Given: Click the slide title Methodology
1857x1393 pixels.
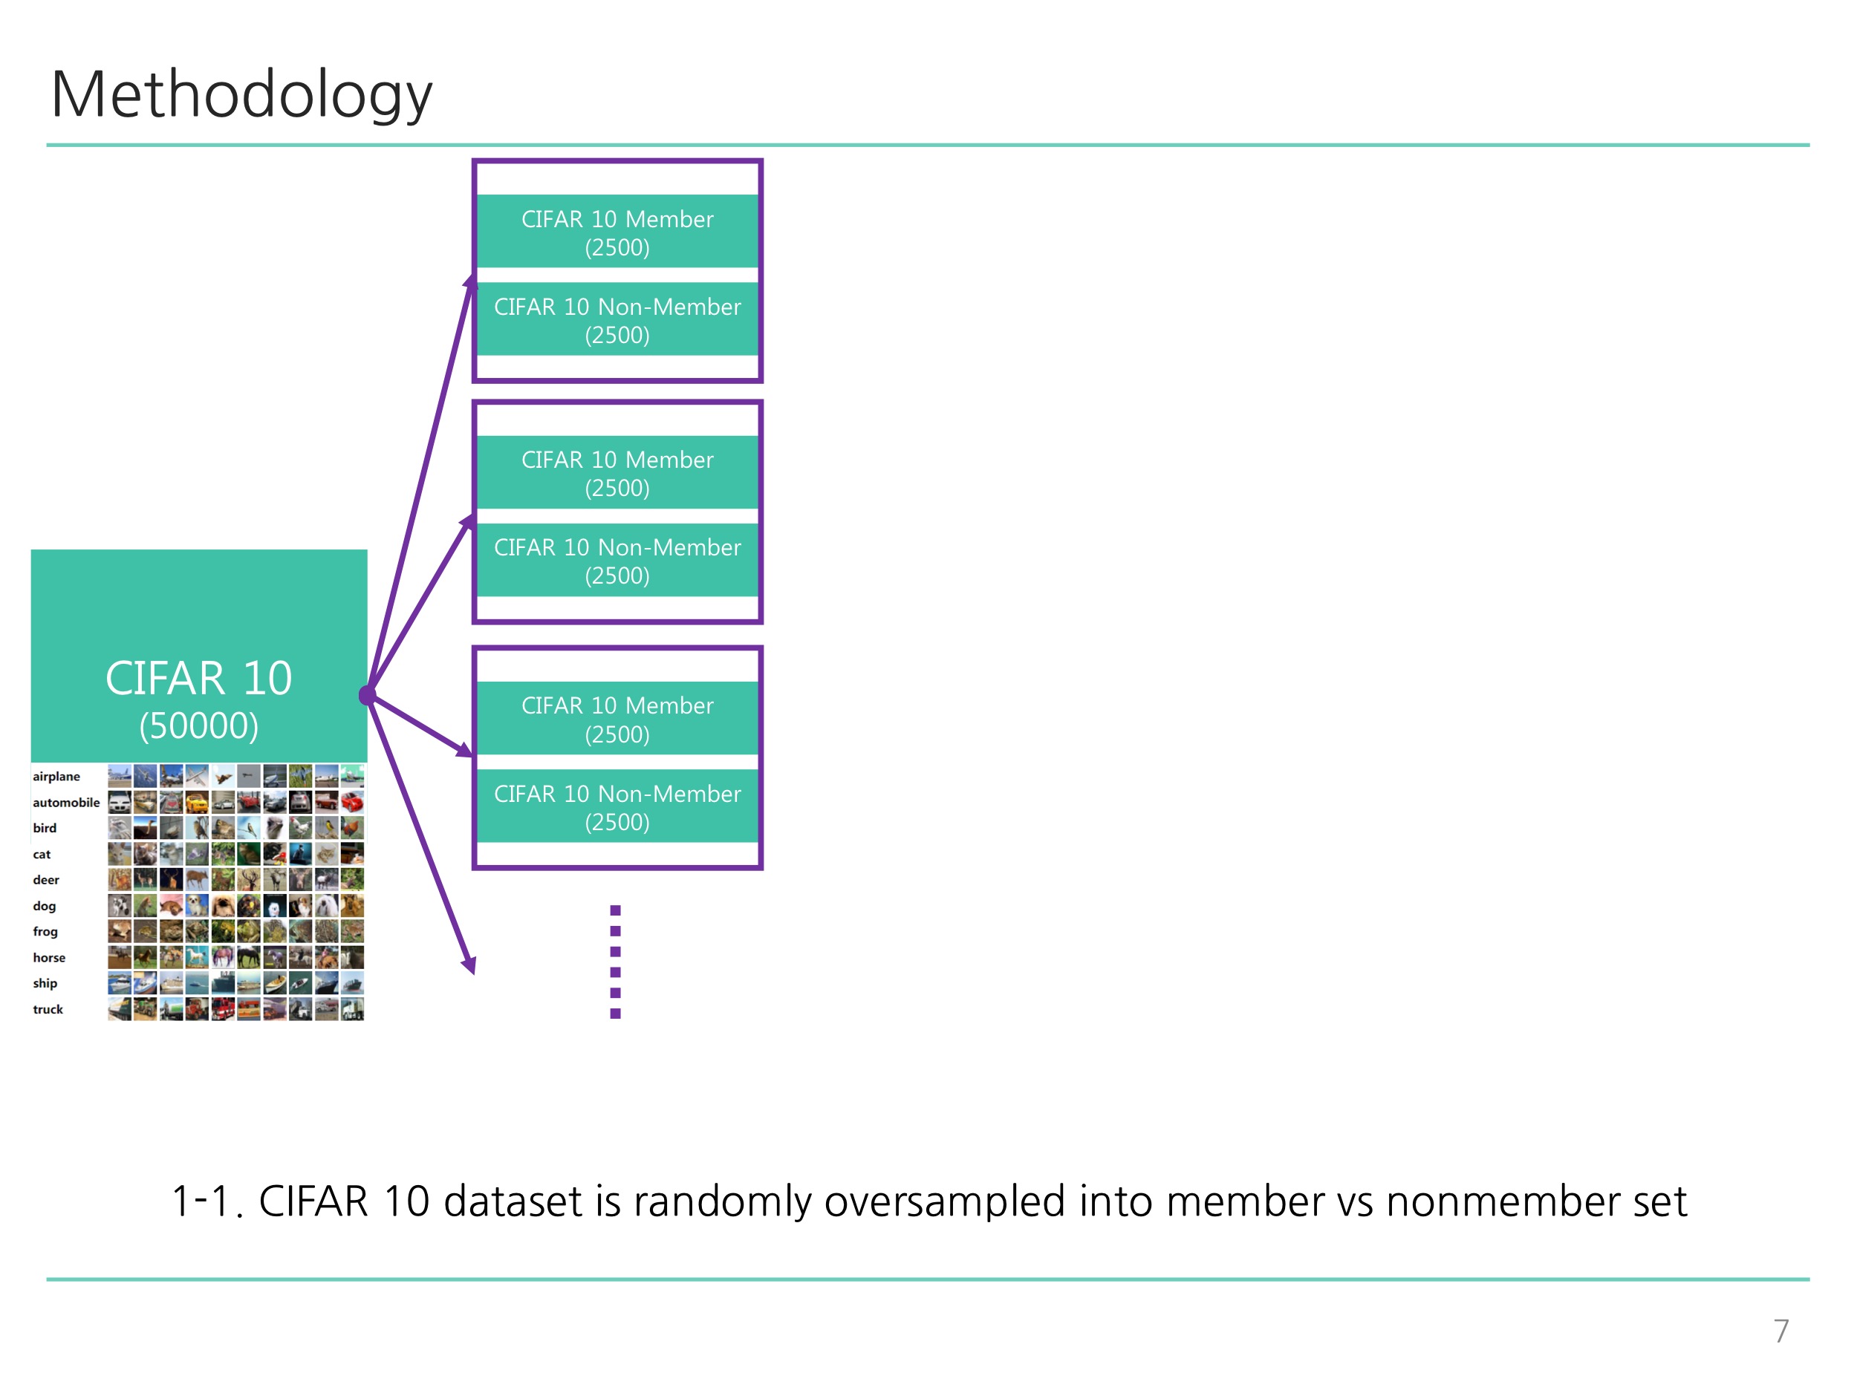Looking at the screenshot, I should click(241, 94).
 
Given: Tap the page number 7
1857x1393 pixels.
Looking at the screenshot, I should click(1780, 1331).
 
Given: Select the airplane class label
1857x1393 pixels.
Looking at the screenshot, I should click(56, 776).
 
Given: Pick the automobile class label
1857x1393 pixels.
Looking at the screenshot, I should click(66, 802).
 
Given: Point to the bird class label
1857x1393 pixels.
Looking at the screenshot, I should click(45, 828).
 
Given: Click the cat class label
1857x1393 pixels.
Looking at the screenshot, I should click(42, 854).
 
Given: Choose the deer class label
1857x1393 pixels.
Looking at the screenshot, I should click(46, 879).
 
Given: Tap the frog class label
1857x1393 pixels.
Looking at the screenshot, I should click(45, 931).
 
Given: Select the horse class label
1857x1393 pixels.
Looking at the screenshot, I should click(49, 957).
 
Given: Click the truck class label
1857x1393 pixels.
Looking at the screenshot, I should click(48, 1010).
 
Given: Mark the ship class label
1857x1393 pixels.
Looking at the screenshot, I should click(45, 984).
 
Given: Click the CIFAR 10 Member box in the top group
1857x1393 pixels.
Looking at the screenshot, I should click(617, 232).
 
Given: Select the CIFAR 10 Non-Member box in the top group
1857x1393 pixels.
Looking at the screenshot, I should click(617, 320).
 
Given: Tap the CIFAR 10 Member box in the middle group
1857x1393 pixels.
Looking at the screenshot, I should click(617, 472).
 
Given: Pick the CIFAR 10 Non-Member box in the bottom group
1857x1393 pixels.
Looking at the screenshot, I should click(617, 806).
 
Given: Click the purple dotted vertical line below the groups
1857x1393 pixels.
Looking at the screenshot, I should click(615, 962).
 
